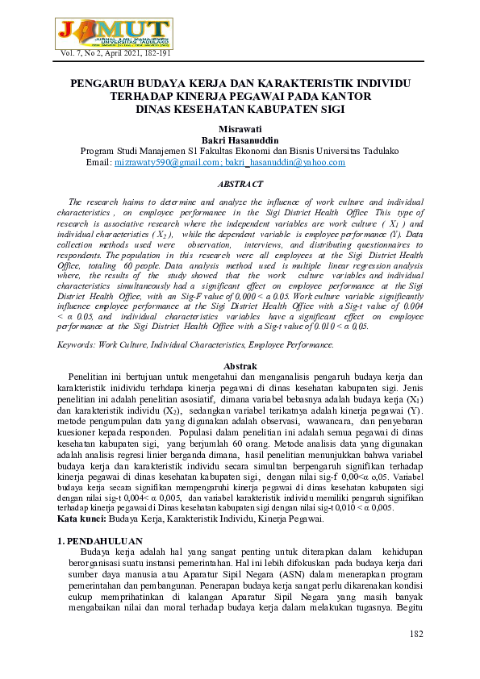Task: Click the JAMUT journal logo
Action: point(115,30)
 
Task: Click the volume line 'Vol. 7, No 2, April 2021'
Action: point(115,53)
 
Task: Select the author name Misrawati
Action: point(240,128)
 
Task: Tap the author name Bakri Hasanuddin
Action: point(240,140)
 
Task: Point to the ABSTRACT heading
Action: point(240,184)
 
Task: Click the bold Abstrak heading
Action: point(240,365)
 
